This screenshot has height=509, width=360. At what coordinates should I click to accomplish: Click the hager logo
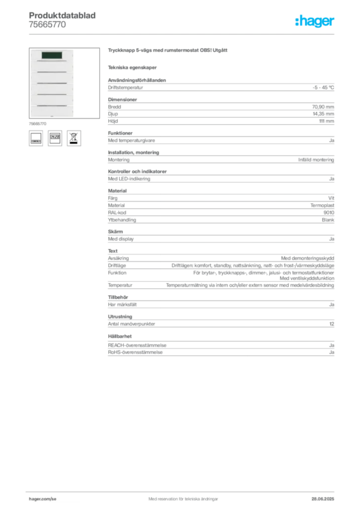[315, 21]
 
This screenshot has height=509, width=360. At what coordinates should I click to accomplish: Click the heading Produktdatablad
[62, 15]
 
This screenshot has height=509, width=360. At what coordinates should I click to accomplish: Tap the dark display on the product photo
[52, 55]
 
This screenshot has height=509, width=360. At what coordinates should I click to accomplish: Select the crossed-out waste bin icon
[74, 138]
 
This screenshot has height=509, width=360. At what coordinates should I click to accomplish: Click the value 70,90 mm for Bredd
[323, 107]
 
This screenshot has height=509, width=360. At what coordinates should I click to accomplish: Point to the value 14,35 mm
[323, 114]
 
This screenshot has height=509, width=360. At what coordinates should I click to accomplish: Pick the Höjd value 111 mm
[327, 121]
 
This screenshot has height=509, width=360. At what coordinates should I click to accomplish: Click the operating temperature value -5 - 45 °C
[323, 87]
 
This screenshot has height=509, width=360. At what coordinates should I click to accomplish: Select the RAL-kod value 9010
[329, 213]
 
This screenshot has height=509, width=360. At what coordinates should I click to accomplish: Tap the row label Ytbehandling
[122, 220]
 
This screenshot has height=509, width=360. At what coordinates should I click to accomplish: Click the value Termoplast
[322, 205]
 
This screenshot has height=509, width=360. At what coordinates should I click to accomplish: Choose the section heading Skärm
[115, 232]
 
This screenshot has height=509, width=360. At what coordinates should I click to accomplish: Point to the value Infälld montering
[316, 160]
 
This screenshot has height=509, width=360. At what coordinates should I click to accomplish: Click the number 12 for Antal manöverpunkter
[332, 324]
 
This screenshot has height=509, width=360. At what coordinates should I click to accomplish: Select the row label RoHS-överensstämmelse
[135, 352]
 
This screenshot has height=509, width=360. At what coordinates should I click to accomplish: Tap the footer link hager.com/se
[43, 499]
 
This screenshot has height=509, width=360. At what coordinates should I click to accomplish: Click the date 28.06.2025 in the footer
[323, 499]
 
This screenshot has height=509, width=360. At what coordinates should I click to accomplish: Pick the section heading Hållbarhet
[120, 337]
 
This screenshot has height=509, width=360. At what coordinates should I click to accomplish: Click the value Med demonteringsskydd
[307, 258]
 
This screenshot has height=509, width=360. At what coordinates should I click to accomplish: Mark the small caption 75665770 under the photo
[38, 124]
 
